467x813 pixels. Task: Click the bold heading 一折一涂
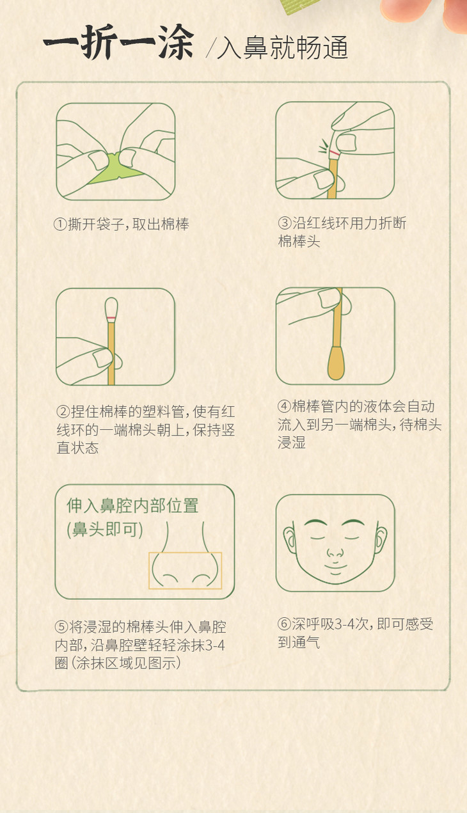(x=118, y=42)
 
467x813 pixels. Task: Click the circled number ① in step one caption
(x=60, y=225)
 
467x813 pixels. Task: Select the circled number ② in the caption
(x=63, y=411)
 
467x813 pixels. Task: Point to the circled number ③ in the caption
(x=284, y=223)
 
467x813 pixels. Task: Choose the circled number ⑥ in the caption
(x=284, y=624)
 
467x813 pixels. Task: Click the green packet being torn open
(x=115, y=168)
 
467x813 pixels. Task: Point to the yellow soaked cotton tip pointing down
(x=336, y=363)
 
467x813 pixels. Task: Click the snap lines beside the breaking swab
(x=323, y=146)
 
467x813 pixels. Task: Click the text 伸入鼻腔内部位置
(x=132, y=505)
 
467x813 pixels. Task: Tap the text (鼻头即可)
(x=105, y=530)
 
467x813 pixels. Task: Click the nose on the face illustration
(x=335, y=553)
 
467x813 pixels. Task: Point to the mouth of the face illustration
(x=335, y=567)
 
